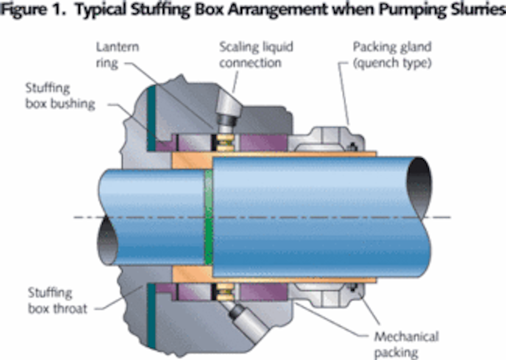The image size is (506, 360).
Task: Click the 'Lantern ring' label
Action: (117, 55)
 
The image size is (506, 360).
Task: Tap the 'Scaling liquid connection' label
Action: (256, 55)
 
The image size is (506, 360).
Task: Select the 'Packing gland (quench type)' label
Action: (392, 55)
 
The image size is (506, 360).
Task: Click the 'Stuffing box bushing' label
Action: (60, 96)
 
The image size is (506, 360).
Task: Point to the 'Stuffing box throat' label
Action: (57, 301)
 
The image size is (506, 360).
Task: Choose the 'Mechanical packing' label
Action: (406, 344)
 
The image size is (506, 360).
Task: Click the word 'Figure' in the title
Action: (23, 9)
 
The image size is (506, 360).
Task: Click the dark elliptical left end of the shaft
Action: (108, 243)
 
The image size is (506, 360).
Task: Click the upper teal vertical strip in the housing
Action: (151, 118)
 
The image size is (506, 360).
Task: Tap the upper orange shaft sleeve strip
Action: (274, 154)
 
